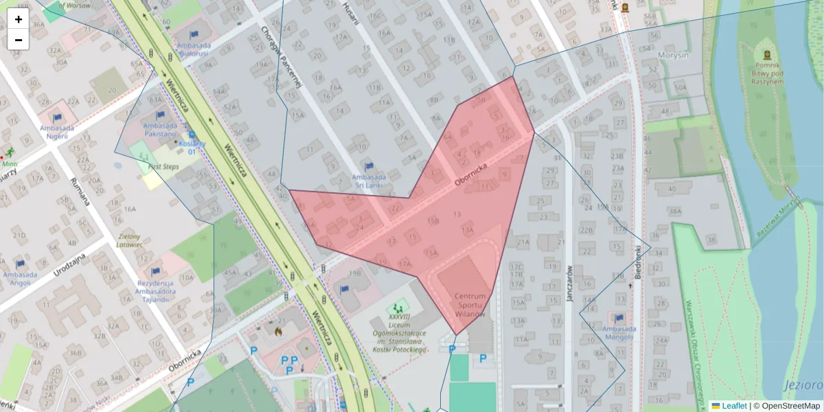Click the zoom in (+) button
point(19,19)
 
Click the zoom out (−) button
point(19,40)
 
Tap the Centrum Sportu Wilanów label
point(470,305)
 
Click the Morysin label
point(673,55)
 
